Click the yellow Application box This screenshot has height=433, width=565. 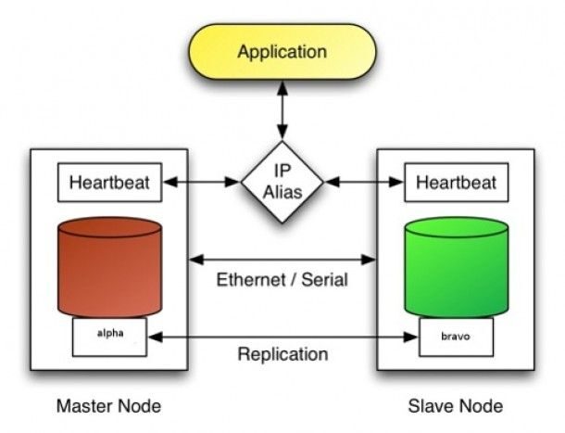coord(282,51)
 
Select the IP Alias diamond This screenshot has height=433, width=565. coord(282,183)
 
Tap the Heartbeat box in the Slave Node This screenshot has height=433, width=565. coord(455,182)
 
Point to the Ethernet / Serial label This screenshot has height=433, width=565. coord(282,279)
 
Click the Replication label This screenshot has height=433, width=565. coord(282,354)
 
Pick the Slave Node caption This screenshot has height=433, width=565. coord(456,406)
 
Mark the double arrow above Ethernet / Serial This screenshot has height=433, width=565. coord(282,258)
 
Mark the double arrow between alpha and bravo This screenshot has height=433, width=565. coord(282,336)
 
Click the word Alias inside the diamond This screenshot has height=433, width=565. coord(282,192)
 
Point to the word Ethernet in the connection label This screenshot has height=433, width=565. coord(248,279)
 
